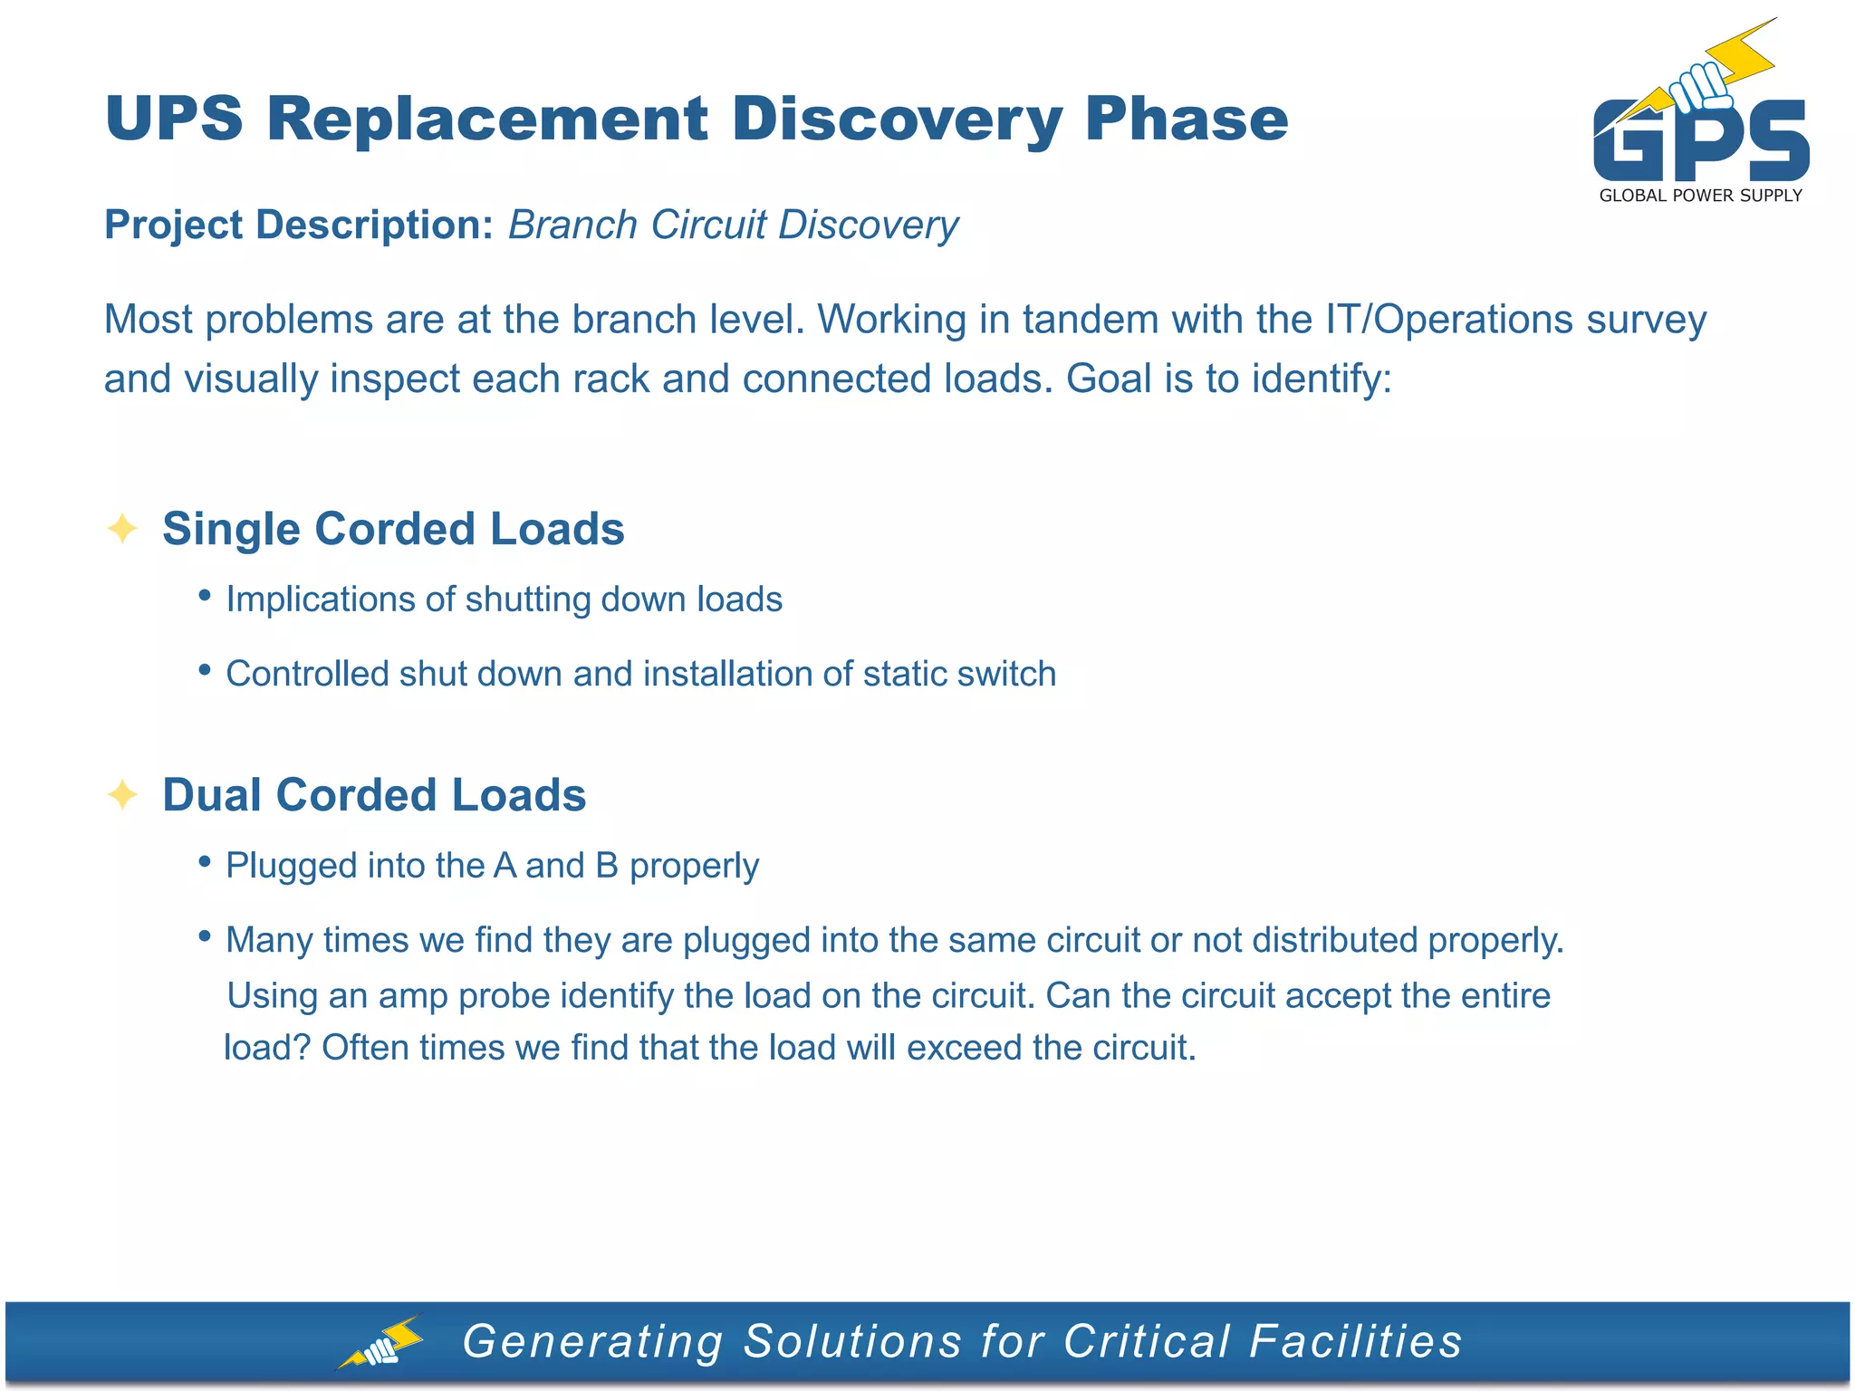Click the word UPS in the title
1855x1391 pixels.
point(174,119)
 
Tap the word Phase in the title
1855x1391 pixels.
point(1186,119)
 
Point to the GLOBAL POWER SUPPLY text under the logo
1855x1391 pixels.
point(1700,196)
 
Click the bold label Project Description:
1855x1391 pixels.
point(298,225)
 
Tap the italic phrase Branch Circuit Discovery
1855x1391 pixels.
point(733,225)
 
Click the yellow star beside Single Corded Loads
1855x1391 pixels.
point(121,528)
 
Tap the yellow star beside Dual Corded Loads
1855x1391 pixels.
point(121,794)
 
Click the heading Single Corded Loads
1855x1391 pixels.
point(393,529)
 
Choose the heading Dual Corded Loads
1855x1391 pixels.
point(374,795)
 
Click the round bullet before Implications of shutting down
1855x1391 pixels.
point(205,595)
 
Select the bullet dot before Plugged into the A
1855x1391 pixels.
point(205,861)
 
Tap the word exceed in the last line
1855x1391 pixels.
point(964,1048)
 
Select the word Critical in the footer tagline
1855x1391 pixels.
point(1146,1341)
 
